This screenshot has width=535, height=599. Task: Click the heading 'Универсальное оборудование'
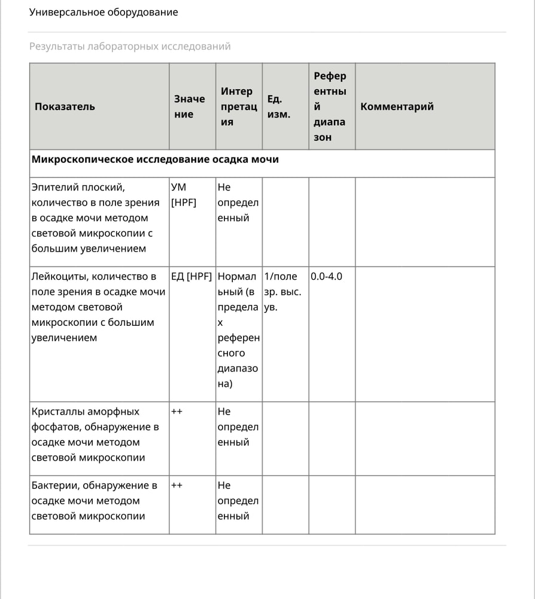[x=104, y=12]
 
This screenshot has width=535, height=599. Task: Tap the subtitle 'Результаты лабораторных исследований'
[x=130, y=46]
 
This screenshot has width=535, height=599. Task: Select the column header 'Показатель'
[x=65, y=107]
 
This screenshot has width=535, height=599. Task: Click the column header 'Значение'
[x=189, y=107]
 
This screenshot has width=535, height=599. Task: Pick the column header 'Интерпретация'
[x=236, y=107]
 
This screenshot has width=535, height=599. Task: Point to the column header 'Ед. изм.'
[x=278, y=107]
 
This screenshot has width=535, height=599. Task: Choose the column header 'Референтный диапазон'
[x=330, y=107]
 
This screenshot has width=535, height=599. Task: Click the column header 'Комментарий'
[x=397, y=107]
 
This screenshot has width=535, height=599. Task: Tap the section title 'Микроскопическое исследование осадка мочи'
[x=154, y=159]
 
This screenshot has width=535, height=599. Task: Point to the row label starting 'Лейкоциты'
[x=93, y=307]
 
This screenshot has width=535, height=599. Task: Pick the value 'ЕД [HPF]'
[x=191, y=277]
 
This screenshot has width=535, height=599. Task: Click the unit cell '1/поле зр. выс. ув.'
[x=282, y=292]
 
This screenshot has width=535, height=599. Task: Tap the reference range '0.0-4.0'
[x=326, y=277]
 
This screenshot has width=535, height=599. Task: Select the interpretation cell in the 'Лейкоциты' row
[x=238, y=330]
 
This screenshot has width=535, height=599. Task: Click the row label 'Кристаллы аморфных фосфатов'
[x=95, y=434]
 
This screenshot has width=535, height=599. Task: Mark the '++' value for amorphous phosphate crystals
[x=177, y=412]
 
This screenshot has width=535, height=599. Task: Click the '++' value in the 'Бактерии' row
[x=177, y=486]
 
